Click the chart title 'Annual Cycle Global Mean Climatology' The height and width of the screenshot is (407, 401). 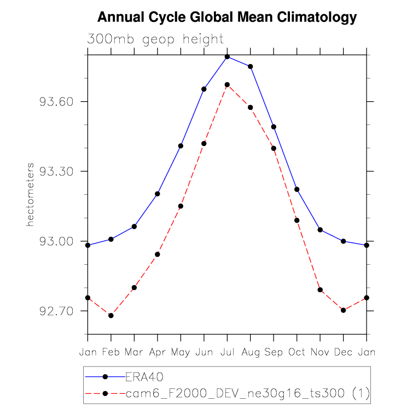pyautogui.click(x=227, y=18)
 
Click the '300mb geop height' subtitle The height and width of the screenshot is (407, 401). pyautogui.click(x=155, y=39)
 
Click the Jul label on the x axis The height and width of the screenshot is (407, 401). pyautogui.click(x=227, y=352)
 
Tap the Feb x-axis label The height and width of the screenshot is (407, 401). pyautogui.click(x=111, y=352)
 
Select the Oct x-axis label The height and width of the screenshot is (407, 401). pyautogui.click(x=297, y=352)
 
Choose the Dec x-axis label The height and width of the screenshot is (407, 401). pyautogui.click(x=343, y=352)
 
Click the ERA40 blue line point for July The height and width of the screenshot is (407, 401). pyautogui.click(x=227, y=56)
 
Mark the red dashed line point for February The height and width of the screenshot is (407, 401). pyautogui.click(x=111, y=316)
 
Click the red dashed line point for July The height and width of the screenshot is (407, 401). pyautogui.click(x=227, y=85)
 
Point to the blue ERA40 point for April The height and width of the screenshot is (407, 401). pyautogui.click(x=158, y=194)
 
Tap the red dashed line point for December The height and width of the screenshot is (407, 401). pyautogui.click(x=343, y=310)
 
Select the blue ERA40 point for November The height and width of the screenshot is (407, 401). pyautogui.click(x=320, y=230)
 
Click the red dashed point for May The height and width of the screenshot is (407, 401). pyautogui.click(x=181, y=206)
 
